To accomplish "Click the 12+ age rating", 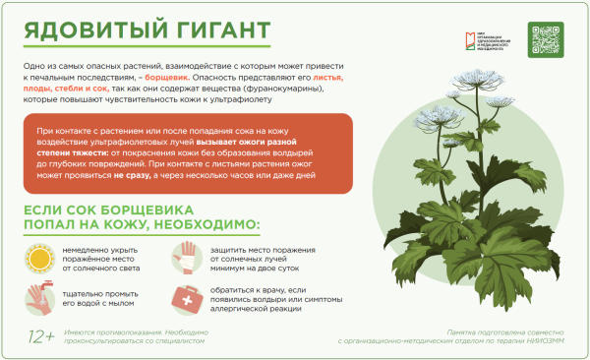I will click(40, 337).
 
